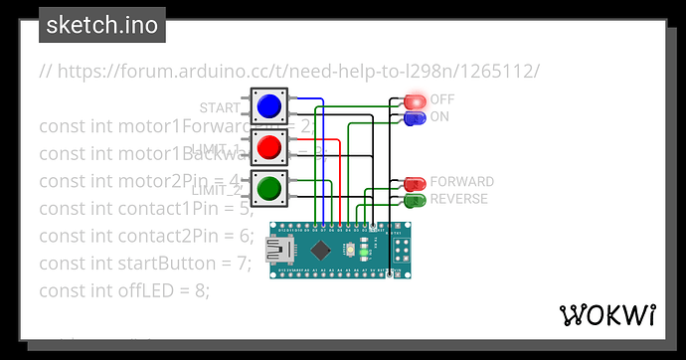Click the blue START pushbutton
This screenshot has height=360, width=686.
click(267, 105)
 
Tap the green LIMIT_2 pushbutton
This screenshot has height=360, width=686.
click(267, 188)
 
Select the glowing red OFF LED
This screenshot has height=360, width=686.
click(414, 101)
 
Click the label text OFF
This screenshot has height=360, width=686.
click(442, 99)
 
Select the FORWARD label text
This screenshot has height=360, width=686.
click(461, 183)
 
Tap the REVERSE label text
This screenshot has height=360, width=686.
click(458, 199)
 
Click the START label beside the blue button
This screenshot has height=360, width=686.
click(220, 107)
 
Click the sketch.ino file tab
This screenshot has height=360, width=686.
click(102, 26)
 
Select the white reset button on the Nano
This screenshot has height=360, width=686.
click(350, 250)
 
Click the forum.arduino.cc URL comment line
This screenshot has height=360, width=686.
click(289, 72)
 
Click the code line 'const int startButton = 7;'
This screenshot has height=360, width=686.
click(146, 264)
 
